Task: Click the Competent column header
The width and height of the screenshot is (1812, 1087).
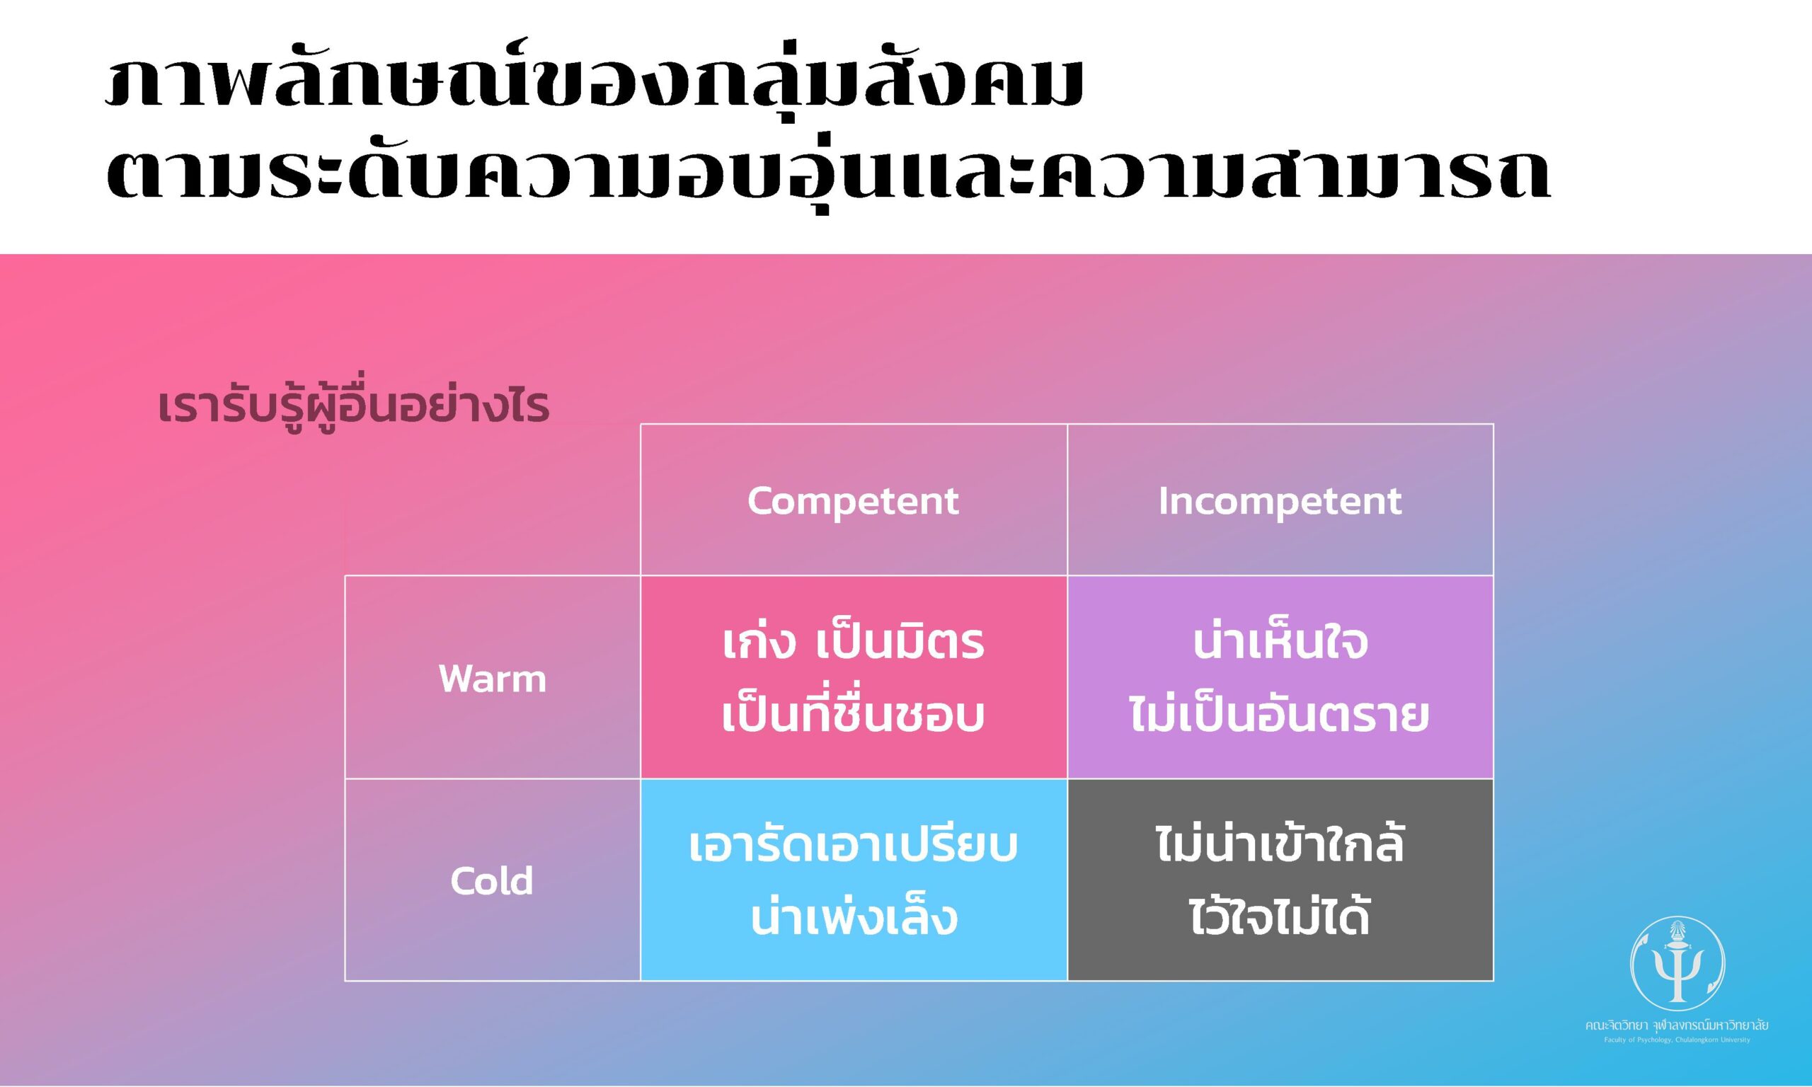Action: point(853,501)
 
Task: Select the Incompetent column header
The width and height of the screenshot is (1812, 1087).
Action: point(1280,501)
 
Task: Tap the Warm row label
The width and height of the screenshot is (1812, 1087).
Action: point(492,678)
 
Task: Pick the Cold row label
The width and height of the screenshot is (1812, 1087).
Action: point(491,880)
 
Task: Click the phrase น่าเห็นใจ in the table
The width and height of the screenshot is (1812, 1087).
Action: point(1280,643)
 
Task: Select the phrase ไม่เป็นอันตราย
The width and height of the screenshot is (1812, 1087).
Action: point(1280,715)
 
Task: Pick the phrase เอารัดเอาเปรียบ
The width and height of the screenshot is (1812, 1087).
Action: point(853,846)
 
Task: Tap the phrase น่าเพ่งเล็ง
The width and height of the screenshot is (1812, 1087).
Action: point(853,918)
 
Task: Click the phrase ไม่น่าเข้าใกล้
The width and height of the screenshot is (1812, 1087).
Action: point(1280,846)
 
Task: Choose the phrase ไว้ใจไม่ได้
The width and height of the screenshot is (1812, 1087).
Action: point(1280,918)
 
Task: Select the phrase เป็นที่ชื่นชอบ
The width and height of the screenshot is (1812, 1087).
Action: point(853,715)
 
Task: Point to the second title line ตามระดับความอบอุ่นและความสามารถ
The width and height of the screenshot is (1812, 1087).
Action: point(827,173)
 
